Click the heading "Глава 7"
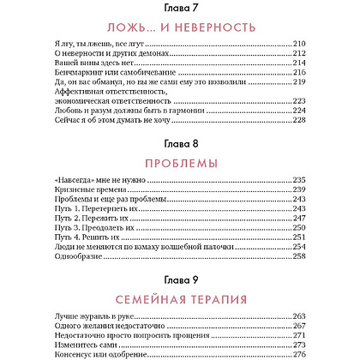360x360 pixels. [179, 8]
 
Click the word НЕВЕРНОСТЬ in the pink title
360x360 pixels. [210, 27]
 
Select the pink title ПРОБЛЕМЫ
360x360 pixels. [179, 163]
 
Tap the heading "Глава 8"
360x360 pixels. [179, 142]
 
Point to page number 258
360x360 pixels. [323, 257]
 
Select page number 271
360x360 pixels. [323, 336]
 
